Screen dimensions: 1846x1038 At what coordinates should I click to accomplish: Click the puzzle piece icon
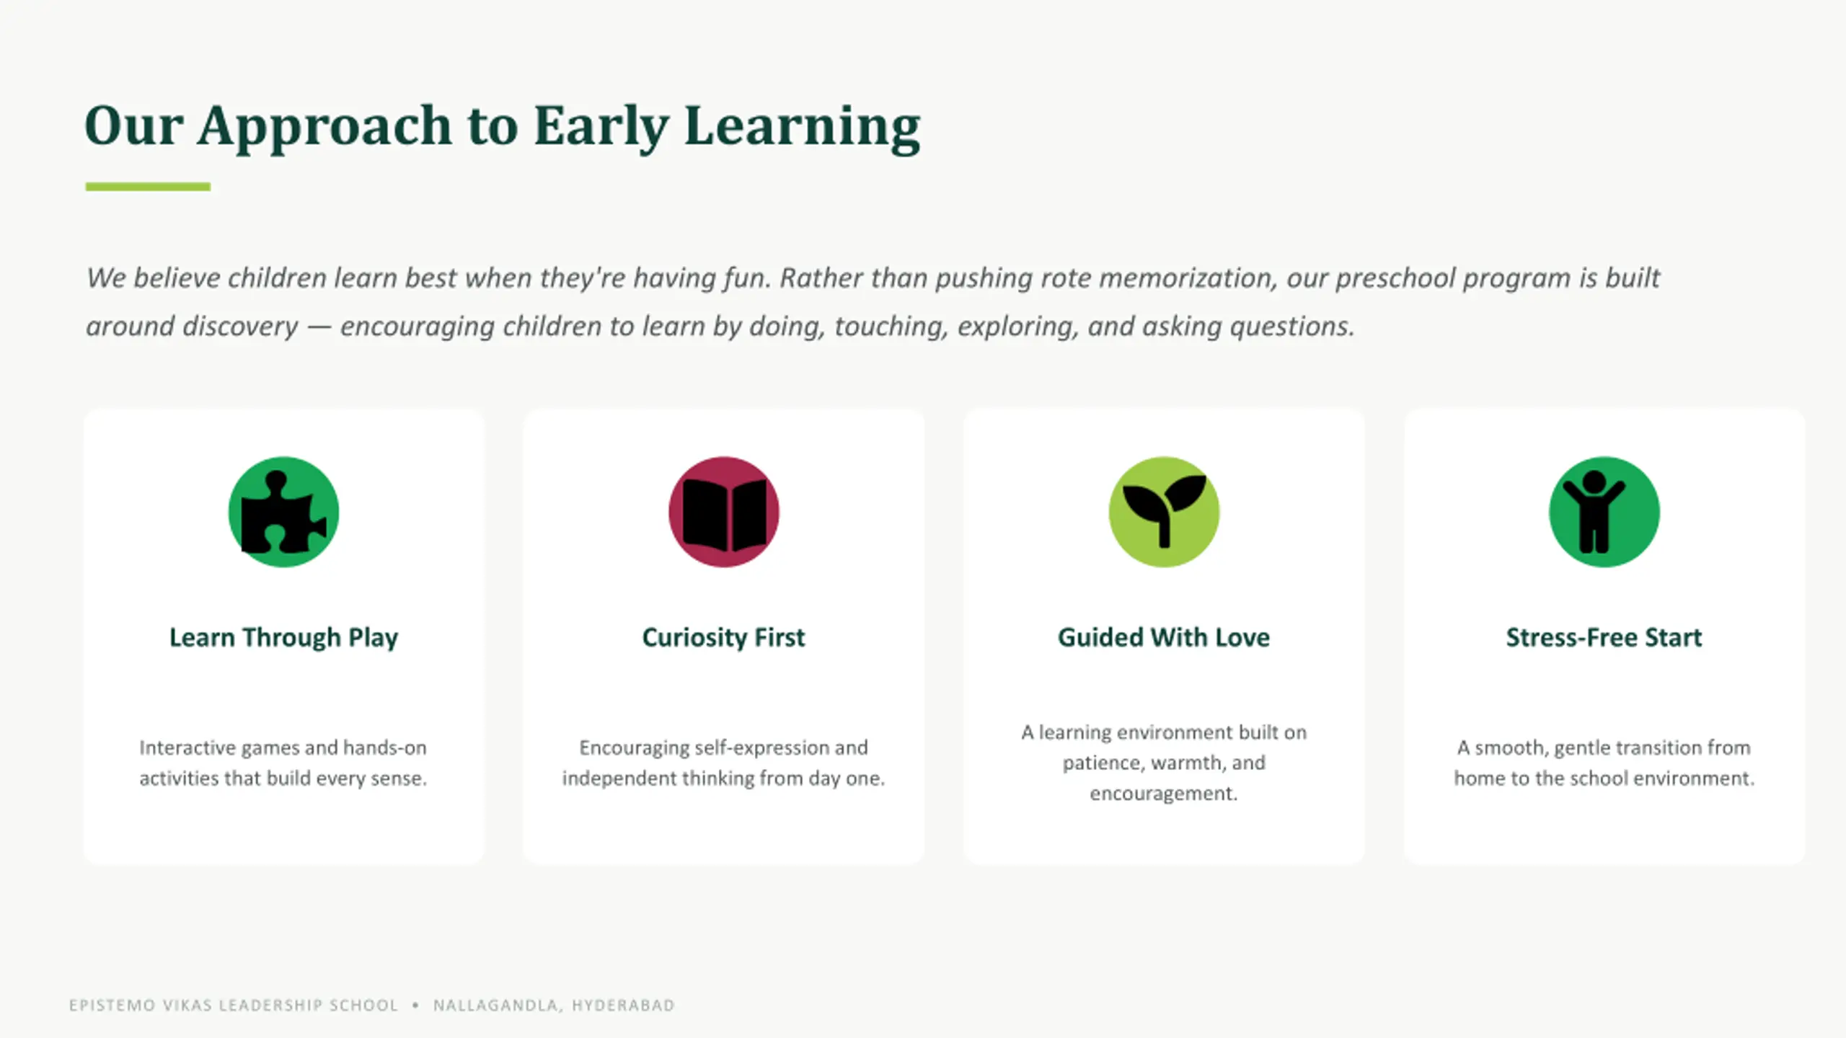pos(284,513)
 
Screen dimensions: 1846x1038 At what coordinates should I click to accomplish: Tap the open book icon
pos(724,513)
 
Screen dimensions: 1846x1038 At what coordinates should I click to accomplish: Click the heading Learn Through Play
pos(283,638)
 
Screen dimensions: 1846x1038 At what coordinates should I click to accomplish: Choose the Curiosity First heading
pos(723,638)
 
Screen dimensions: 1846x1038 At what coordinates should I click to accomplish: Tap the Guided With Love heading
pos(1164,637)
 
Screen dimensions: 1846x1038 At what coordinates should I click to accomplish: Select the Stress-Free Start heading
pos(1604,637)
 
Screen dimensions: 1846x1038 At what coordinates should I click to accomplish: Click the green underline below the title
pos(148,187)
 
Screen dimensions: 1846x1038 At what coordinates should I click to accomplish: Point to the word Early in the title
pos(601,127)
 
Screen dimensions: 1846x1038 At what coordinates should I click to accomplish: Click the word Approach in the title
pos(324,127)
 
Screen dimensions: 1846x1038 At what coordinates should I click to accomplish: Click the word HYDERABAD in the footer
pos(623,1006)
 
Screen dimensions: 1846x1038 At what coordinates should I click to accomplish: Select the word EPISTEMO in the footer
pos(112,1006)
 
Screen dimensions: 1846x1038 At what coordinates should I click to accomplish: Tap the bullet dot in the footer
pos(415,1006)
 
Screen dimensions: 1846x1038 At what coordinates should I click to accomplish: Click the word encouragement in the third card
pos(1163,794)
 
